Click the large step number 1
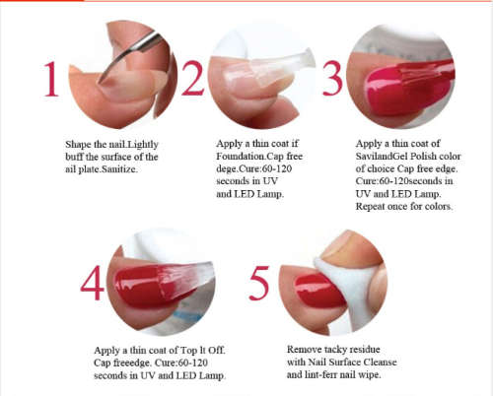coord(51,79)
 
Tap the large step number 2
coord(192,78)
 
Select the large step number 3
coord(332,78)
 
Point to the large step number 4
coord(92,283)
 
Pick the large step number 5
coord(259,283)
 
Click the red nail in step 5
coord(317,292)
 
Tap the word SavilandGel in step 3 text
coord(382,157)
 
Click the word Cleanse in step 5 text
coord(380,363)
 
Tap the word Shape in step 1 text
coord(78,145)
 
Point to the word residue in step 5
coord(364,350)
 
